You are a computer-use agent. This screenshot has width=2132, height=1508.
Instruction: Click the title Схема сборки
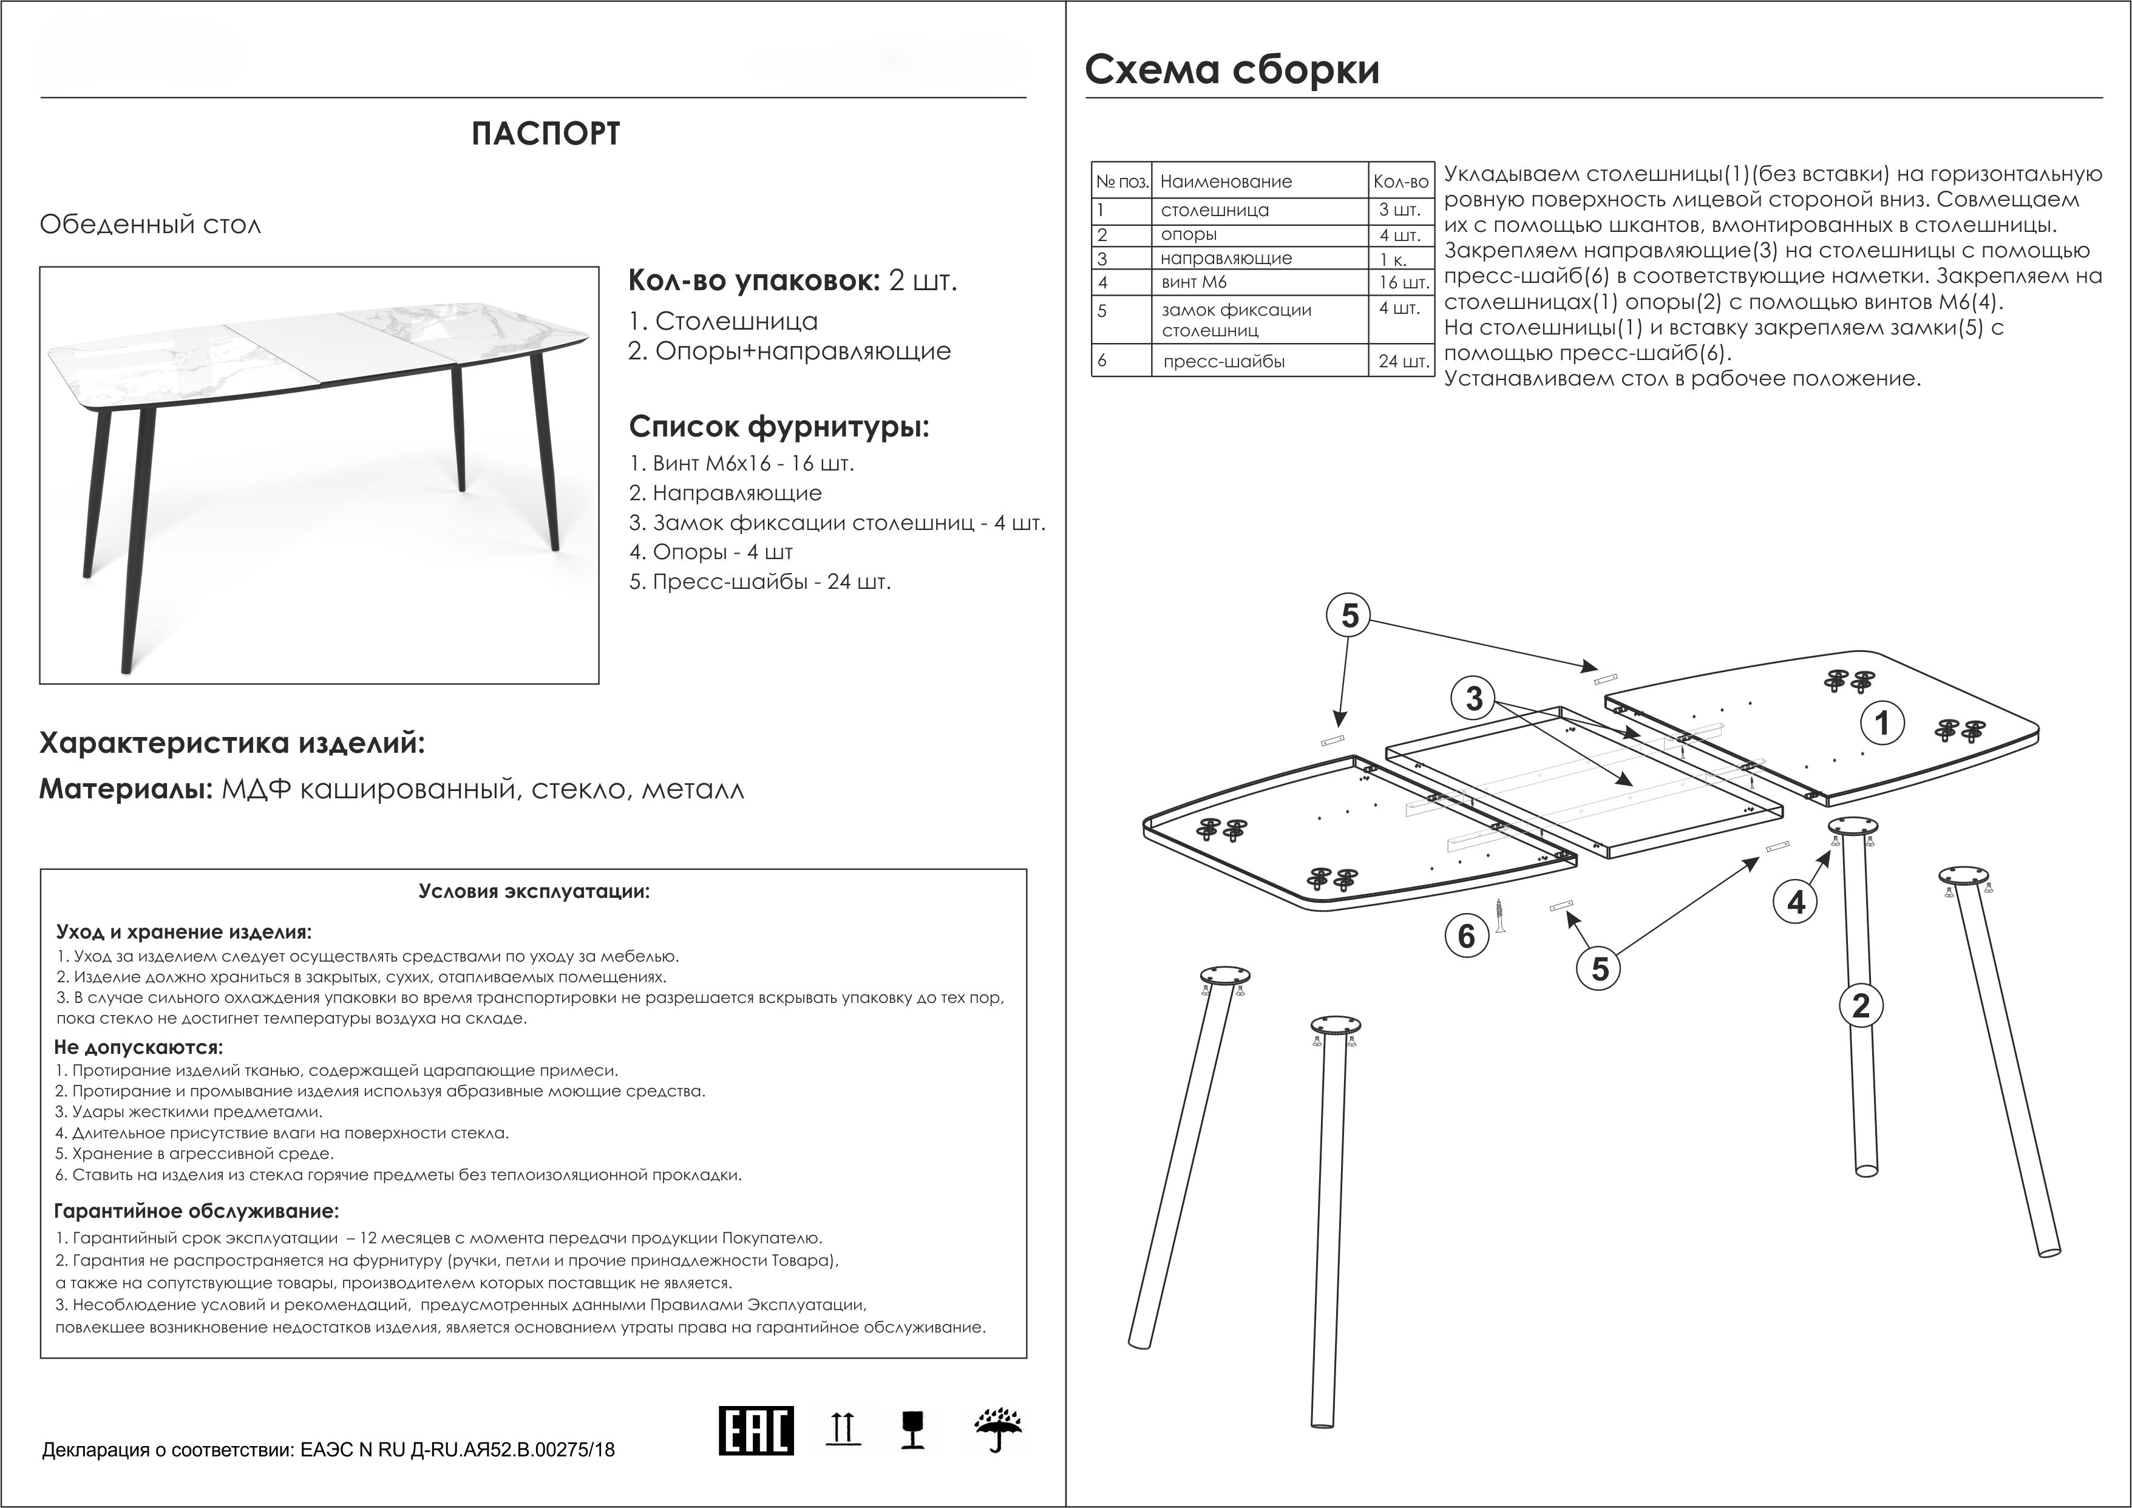pos(1232,70)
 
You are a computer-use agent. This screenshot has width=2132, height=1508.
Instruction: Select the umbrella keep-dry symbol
pos(998,1431)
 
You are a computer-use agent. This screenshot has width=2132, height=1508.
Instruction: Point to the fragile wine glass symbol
pos(913,1431)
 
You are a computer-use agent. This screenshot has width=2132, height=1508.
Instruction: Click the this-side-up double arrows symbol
pos(842,1428)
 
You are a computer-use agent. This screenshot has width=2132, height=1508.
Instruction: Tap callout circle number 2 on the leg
pos(1861,1006)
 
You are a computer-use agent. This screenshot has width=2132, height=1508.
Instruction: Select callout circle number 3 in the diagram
pos(1474,698)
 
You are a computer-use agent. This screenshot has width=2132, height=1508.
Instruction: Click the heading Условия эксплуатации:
pos(534,891)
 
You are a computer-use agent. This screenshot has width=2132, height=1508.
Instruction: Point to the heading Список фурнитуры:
pos(778,427)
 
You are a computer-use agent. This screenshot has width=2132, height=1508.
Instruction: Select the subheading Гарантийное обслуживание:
pos(197,1211)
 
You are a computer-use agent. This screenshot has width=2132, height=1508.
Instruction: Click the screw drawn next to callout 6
pos(1499,915)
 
